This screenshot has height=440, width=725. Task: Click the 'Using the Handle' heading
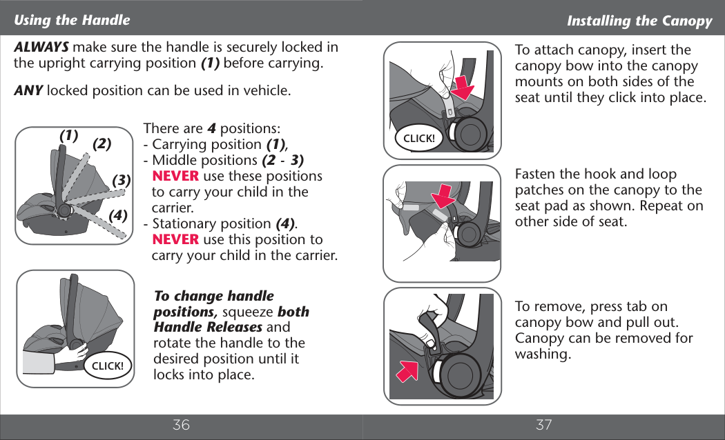point(72,20)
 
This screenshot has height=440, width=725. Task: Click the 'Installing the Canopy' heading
point(639,21)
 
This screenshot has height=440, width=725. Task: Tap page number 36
point(181,425)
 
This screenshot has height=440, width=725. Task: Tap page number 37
point(544,425)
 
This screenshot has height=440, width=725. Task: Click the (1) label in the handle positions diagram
point(69,136)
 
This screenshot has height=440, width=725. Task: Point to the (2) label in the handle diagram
point(101,144)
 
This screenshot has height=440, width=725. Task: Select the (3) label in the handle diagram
point(121,179)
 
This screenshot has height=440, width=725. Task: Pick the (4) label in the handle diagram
point(118,215)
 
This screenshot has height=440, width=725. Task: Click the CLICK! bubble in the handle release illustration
point(108,366)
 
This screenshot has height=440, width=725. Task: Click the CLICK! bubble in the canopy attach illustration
point(419,138)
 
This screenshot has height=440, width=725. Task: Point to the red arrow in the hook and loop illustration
point(443,197)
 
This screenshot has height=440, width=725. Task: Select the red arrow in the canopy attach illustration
point(463,88)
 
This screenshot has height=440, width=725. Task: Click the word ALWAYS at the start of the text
point(41,47)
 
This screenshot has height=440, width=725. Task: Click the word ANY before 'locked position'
point(28,90)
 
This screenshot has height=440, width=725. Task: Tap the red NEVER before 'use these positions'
point(175,176)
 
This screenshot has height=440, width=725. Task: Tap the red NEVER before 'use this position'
point(175,239)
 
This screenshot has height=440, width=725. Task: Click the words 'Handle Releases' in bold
point(208,327)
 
